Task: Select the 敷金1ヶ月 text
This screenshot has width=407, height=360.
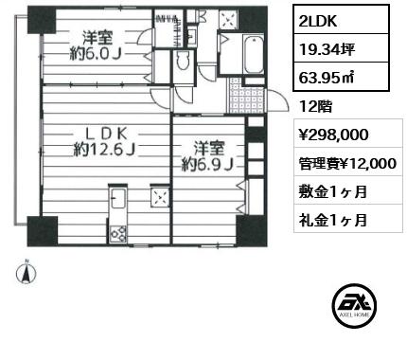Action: click(x=327, y=191)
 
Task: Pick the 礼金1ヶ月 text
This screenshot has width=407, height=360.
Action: click(x=327, y=220)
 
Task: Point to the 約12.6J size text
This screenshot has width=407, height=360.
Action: click(x=102, y=149)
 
